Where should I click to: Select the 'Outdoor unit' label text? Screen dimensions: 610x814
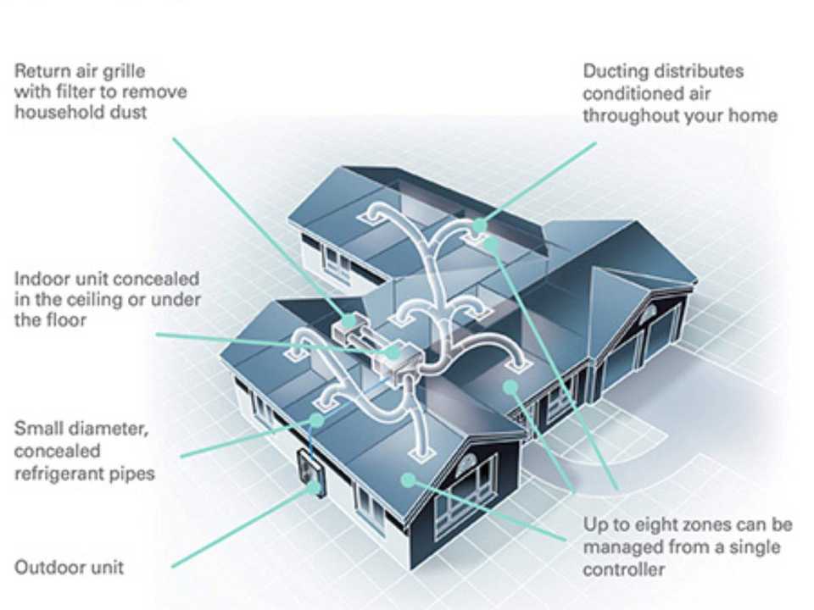pyautogui.click(x=69, y=567)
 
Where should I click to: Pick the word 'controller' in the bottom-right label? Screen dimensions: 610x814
pyautogui.click(x=622, y=568)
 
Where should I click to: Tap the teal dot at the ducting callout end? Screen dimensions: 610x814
pyautogui.click(x=480, y=225)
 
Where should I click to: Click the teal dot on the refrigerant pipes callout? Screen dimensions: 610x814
pyautogui.click(x=315, y=419)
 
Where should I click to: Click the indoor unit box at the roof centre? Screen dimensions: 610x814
pyautogui.click(x=394, y=356)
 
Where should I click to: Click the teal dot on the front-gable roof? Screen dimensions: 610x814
pyautogui.click(x=409, y=480)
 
